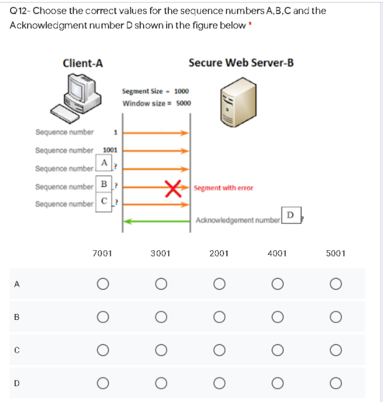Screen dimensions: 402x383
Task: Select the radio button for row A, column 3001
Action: (160, 284)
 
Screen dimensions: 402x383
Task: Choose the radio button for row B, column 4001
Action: (277, 317)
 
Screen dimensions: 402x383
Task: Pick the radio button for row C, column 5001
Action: (335, 350)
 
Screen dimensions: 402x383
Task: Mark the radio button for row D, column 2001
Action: (219, 384)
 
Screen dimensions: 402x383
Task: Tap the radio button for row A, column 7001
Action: (103, 284)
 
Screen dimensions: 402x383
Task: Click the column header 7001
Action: (103, 254)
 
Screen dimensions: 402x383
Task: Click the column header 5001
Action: (335, 254)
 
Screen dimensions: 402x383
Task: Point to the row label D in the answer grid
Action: (17, 384)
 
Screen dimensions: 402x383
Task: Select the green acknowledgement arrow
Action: (156, 220)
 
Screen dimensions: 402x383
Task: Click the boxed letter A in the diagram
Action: (103, 162)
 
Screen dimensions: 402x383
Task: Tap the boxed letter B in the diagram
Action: (103, 186)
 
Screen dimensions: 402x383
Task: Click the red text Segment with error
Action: (223, 188)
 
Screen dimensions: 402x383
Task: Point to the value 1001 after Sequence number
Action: (111, 150)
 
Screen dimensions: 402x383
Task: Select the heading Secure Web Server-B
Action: (241, 63)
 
